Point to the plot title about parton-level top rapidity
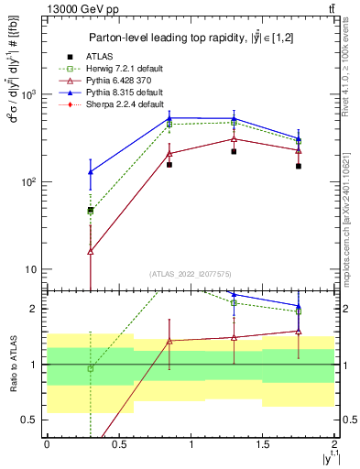click(x=191, y=38)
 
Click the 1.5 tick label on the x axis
click(x=263, y=444)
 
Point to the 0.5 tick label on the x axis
click(x=118, y=444)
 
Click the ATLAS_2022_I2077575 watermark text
click(x=191, y=273)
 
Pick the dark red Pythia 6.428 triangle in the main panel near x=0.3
click(x=90, y=251)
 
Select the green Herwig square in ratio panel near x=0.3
click(x=90, y=368)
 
